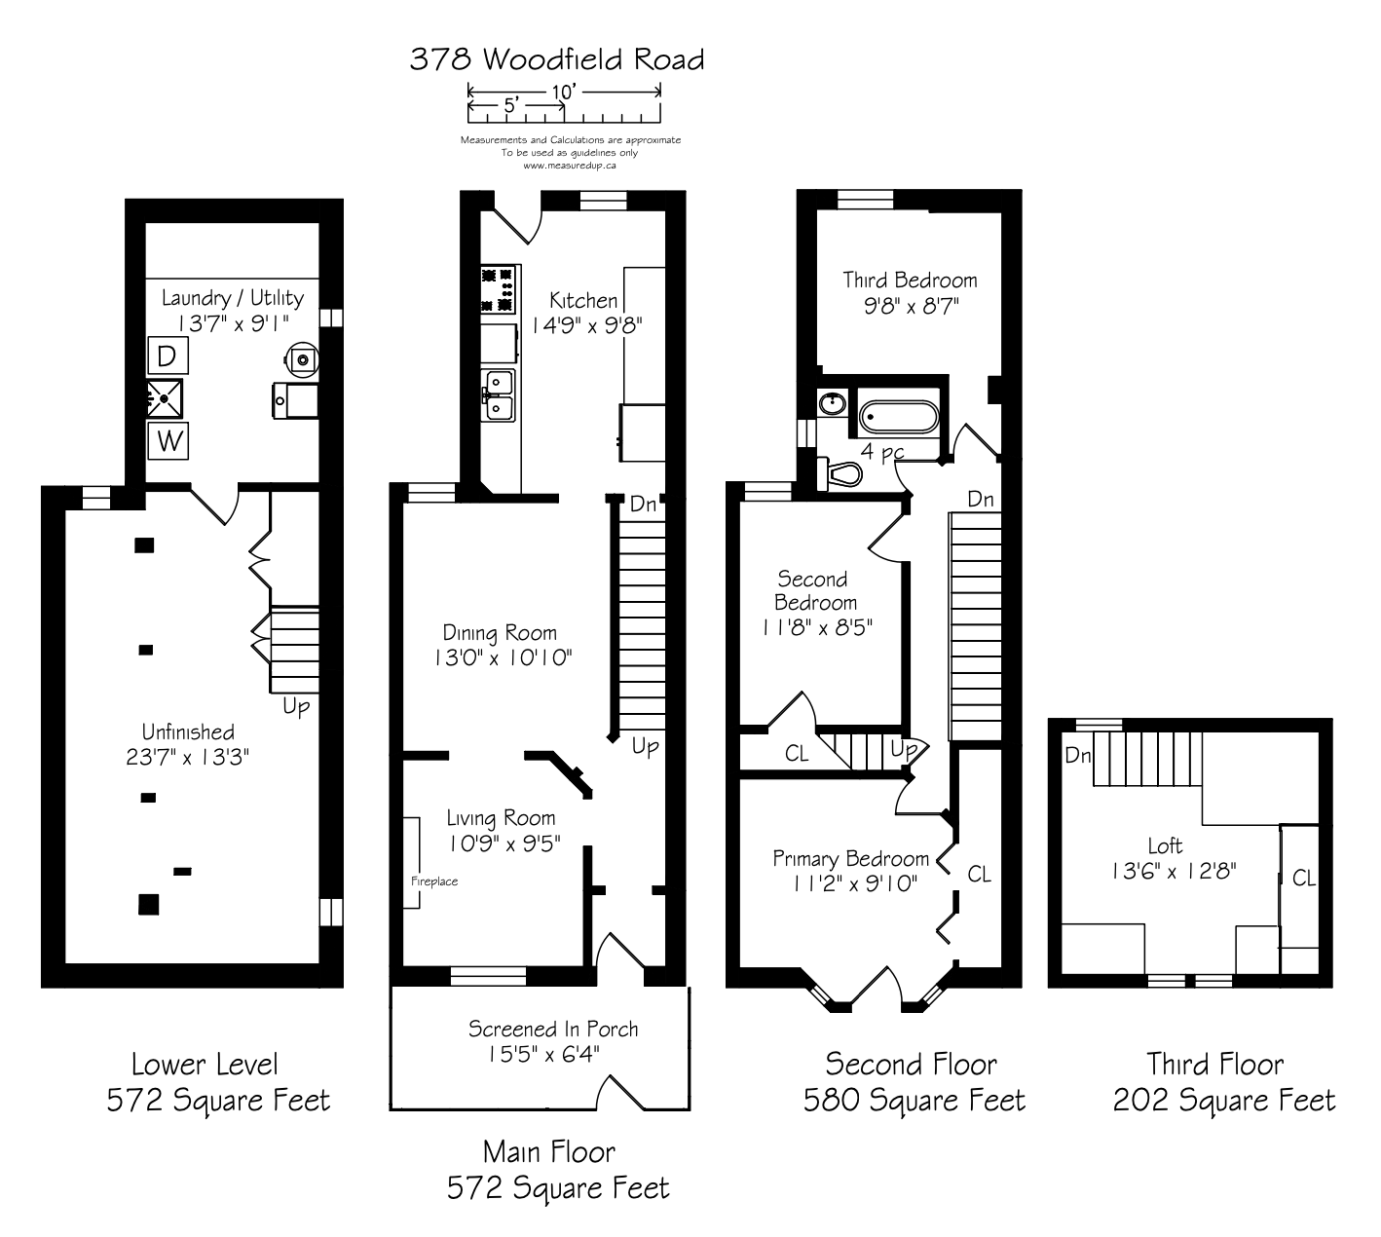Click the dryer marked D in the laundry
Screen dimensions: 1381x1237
pyautogui.click(x=168, y=356)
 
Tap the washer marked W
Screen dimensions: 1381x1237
pyautogui.click(x=168, y=440)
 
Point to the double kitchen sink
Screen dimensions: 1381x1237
pyautogui.click(x=498, y=395)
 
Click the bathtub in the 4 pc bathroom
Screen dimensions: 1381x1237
pyautogui.click(x=898, y=416)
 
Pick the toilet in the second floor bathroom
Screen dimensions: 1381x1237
pyautogui.click(x=840, y=473)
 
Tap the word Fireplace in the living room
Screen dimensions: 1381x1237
pyautogui.click(x=434, y=881)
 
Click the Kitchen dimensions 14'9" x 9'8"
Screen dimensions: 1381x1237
pyautogui.click(x=587, y=325)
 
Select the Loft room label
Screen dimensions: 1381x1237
pyautogui.click(x=1165, y=845)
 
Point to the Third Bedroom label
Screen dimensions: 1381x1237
pyautogui.click(x=910, y=281)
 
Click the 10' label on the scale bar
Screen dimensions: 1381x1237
pyautogui.click(x=564, y=92)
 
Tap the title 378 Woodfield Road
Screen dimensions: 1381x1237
pyautogui.click(x=557, y=60)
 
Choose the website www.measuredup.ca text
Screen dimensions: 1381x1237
pyautogui.click(x=570, y=165)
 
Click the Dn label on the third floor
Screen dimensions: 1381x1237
pyautogui.click(x=1078, y=755)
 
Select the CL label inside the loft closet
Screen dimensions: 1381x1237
pyautogui.click(x=1303, y=878)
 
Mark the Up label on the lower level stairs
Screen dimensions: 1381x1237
pyautogui.click(x=296, y=706)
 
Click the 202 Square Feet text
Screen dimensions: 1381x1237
pyautogui.click(x=1223, y=1100)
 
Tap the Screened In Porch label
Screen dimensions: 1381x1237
pyautogui.click(x=553, y=1029)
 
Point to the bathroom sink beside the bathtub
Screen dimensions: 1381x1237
pyautogui.click(x=833, y=403)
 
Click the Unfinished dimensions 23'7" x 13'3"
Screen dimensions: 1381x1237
pyautogui.click(x=187, y=757)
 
